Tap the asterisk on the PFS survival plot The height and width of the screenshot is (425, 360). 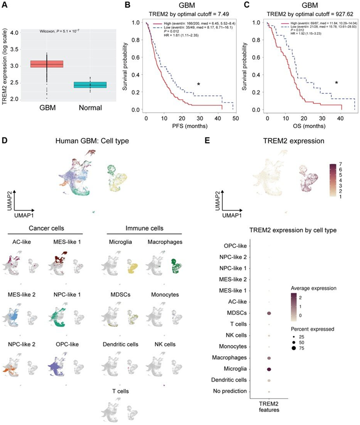click(x=199, y=85)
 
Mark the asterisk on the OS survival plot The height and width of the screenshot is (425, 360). click(x=336, y=83)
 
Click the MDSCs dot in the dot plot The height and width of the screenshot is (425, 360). click(x=269, y=313)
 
